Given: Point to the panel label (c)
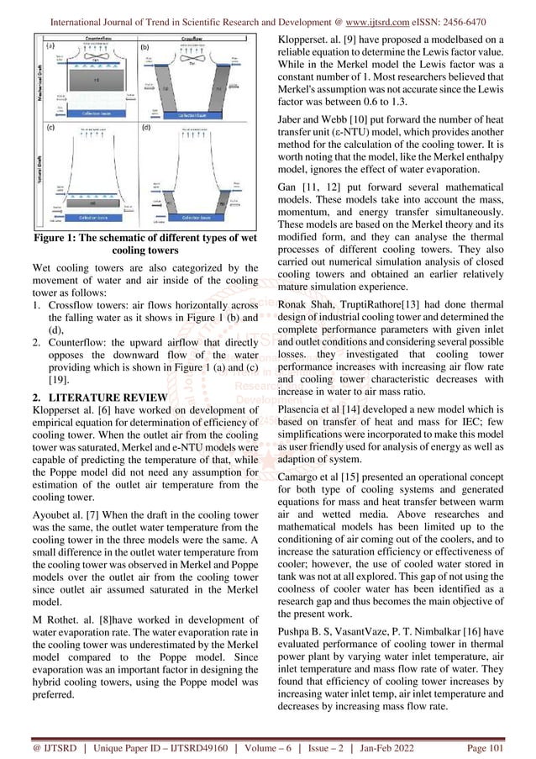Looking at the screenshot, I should click(x=51, y=129).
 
